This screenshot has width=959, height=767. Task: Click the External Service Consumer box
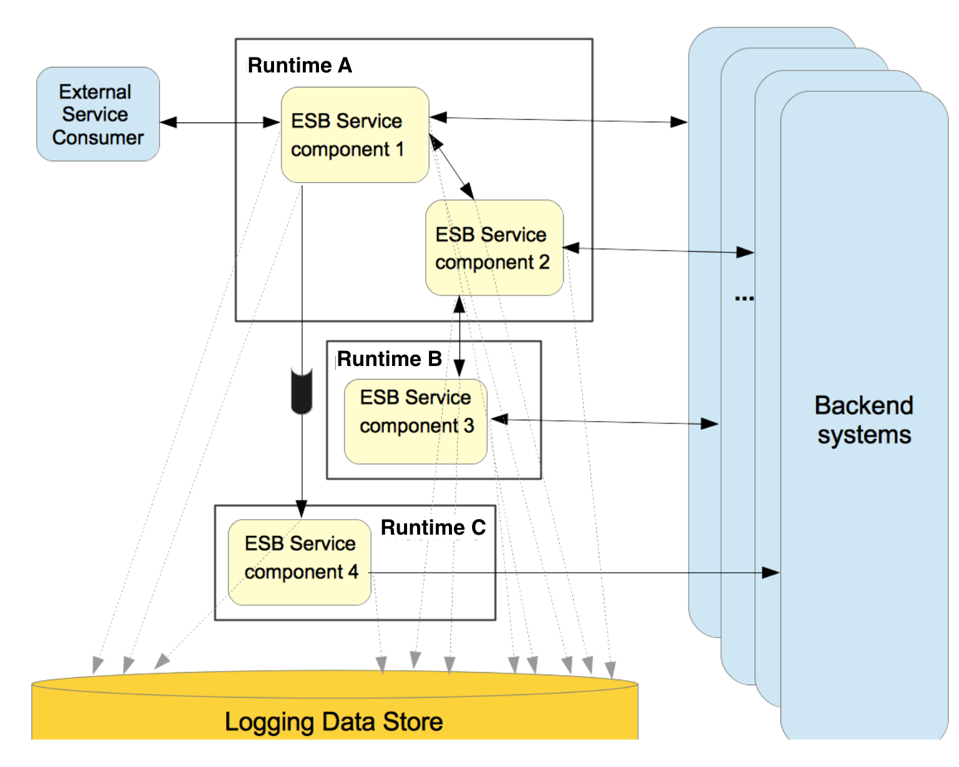coord(98,114)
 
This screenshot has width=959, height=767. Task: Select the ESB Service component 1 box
coord(355,135)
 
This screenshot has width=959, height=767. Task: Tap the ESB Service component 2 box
coord(494,248)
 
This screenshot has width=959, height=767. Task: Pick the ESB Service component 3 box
coord(415,422)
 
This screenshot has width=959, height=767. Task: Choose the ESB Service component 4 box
coord(299,562)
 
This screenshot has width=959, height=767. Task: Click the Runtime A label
coord(300,66)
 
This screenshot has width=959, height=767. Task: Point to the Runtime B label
coord(390,359)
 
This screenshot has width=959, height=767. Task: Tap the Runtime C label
coord(433,528)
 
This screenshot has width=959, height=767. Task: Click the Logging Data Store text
coord(333,722)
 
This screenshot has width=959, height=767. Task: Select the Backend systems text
coord(864,420)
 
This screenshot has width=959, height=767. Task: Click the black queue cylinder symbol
coord(302,391)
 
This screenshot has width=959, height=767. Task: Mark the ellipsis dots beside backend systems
coord(744,299)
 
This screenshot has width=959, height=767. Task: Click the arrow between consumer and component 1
coord(220,122)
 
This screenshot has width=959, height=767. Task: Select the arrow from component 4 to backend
coord(574,572)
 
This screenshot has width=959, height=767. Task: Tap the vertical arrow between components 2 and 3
coord(460,337)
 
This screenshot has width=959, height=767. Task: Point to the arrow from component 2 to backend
coord(659,250)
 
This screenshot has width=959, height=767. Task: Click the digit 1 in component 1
coord(400,149)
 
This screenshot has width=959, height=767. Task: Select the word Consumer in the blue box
coord(98,137)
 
